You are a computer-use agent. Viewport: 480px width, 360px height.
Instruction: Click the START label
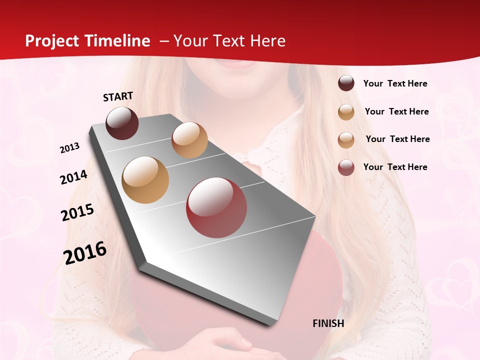(118, 96)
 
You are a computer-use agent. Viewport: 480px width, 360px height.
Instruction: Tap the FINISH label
(328, 323)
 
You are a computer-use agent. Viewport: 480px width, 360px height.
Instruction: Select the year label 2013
(69, 148)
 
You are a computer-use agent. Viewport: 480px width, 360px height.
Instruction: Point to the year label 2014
(73, 177)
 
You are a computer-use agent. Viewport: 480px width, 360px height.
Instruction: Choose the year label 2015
(77, 212)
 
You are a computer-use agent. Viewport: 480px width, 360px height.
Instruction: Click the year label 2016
(85, 252)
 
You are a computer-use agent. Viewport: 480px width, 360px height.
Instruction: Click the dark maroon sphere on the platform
(122, 123)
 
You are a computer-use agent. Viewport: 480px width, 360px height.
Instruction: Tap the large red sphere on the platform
(216, 207)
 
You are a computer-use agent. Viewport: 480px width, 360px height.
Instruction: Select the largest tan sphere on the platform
(145, 180)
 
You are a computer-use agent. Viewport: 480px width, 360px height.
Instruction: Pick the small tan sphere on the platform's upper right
(189, 140)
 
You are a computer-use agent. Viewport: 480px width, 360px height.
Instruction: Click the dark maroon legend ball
(346, 83)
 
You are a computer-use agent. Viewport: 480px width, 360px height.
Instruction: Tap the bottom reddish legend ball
(346, 167)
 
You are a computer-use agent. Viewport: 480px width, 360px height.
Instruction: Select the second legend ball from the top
(346, 112)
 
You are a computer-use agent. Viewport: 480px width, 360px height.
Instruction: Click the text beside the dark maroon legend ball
(395, 83)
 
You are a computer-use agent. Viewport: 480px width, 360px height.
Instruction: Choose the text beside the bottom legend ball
(395, 167)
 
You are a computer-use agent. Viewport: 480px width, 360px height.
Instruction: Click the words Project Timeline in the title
(87, 41)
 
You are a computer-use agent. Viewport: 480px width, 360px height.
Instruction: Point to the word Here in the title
(267, 41)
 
